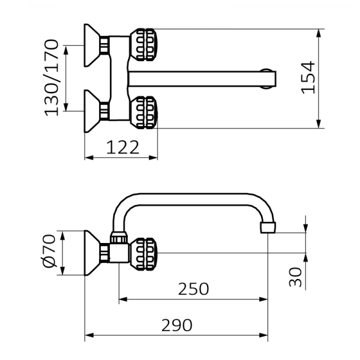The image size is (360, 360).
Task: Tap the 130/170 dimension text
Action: tap(52, 77)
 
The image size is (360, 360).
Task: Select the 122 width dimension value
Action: tap(122, 146)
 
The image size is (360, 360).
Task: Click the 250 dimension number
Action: tap(193, 289)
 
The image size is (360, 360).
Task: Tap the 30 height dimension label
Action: tap(295, 277)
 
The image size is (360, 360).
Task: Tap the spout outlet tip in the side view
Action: tap(268, 228)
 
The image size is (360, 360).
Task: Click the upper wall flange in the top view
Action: tap(93, 44)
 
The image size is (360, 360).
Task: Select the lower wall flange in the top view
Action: tap(93, 110)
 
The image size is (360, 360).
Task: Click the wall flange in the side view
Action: tap(94, 253)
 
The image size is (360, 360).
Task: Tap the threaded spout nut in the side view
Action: tap(119, 238)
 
